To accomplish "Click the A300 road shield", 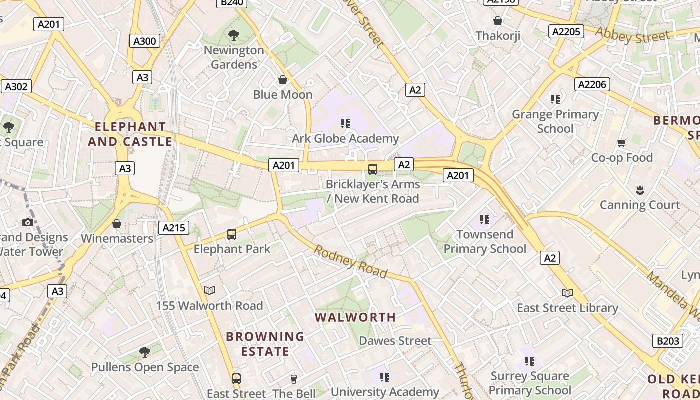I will pyautogui.click(x=145, y=41).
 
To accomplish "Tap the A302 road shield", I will pyautogui.click(x=16, y=86).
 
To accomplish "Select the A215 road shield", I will pyautogui.click(x=174, y=228).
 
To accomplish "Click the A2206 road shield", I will pyautogui.click(x=592, y=84).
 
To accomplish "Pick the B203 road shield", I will pyautogui.click(x=668, y=341).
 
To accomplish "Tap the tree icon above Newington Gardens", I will pyautogui.click(x=233, y=35).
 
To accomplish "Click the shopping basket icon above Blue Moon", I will pyautogui.click(x=283, y=80).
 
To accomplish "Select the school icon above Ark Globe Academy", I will pyautogui.click(x=345, y=123).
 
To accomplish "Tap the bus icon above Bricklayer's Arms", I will pyautogui.click(x=373, y=169).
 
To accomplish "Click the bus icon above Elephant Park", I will pyautogui.click(x=232, y=234).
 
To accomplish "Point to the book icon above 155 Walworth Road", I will pyautogui.click(x=209, y=290).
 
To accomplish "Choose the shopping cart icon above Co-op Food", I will pyautogui.click(x=622, y=143).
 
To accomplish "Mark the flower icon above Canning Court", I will pyautogui.click(x=640, y=190).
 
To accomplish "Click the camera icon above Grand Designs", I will pyautogui.click(x=28, y=222).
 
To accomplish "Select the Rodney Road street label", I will pyautogui.click(x=350, y=261).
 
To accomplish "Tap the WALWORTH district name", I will pyautogui.click(x=355, y=317).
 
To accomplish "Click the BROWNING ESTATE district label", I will pyautogui.click(x=265, y=344).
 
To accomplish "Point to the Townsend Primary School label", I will pyautogui.click(x=485, y=241).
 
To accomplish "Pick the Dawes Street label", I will pyautogui.click(x=395, y=341).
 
